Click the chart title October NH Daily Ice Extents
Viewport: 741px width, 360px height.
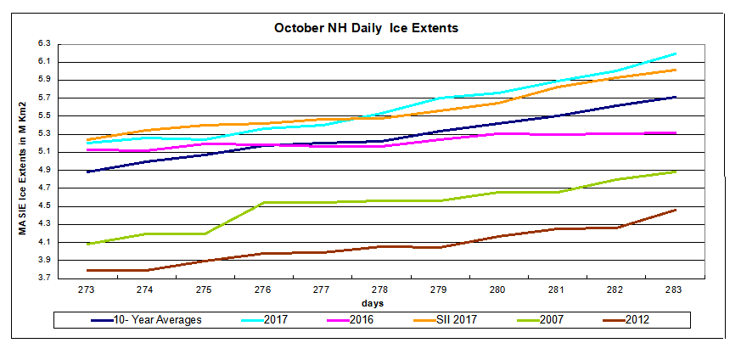[366, 28]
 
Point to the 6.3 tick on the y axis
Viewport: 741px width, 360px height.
[44, 43]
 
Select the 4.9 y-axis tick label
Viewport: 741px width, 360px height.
[44, 170]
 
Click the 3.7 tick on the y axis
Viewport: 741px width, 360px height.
[44, 278]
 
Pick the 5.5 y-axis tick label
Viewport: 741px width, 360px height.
[44, 115]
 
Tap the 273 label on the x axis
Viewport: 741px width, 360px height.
[87, 290]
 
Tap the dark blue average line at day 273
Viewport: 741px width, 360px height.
[87, 172]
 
